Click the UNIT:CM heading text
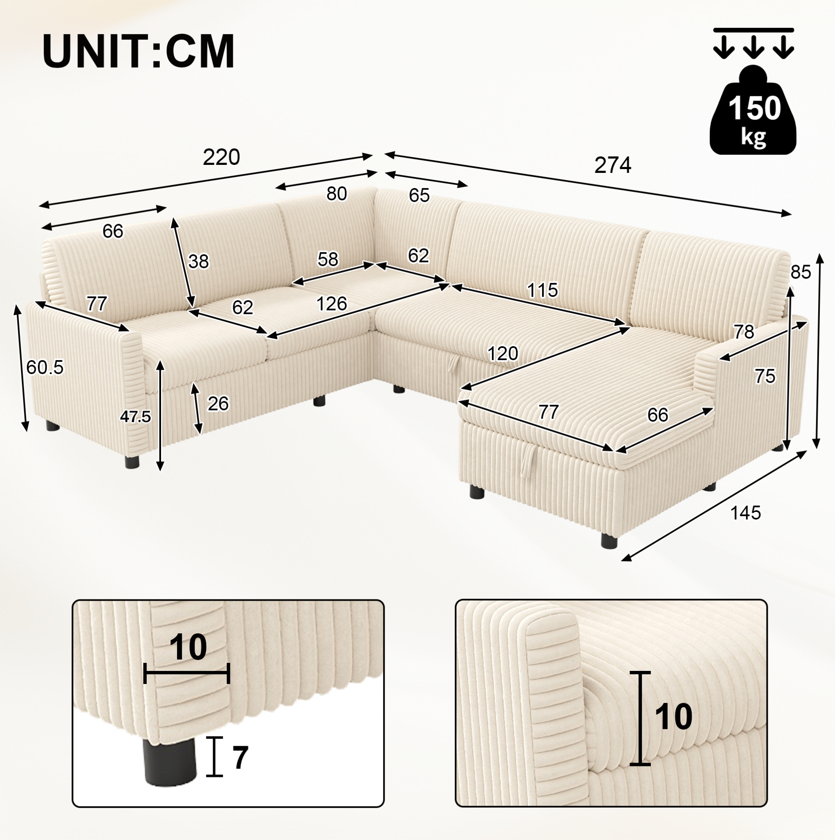point(139,51)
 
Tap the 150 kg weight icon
point(753,110)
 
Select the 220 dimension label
point(221,157)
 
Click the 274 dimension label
point(612,165)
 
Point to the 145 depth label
point(745,513)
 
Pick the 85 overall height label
point(801,272)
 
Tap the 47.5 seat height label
point(135,416)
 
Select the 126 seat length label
point(332,304)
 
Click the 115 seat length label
point(542,290)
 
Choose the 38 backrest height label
point(199,261)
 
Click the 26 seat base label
point(218,404)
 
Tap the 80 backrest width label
point(336,194)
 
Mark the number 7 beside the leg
point(240,758)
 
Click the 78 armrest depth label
point(744,332)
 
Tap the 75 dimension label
point(765,376)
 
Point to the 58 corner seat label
point(327,259)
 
